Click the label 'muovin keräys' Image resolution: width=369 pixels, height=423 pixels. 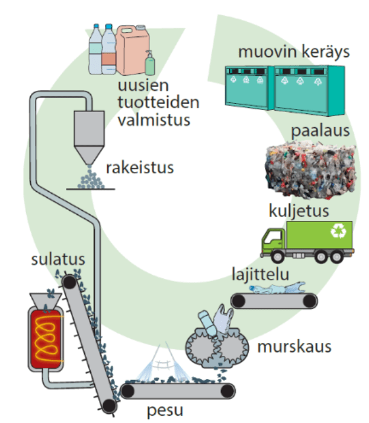(294, 52)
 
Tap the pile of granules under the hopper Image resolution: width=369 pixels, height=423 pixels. (91, 179)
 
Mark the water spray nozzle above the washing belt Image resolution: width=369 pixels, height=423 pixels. (160, 350)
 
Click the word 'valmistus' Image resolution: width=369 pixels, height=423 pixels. (154, 119)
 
